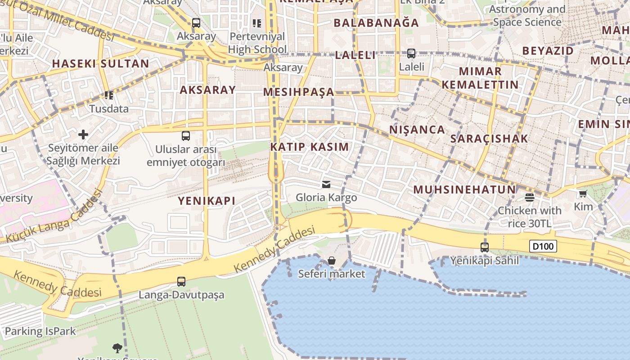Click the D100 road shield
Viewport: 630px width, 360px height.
coord(543,246)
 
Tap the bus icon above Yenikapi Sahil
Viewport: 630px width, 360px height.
coord(485,247)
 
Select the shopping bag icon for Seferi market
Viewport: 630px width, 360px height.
coord(332,261)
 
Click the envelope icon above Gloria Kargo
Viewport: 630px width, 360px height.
coord(326,184)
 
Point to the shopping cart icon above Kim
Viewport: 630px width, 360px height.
coord(583,193)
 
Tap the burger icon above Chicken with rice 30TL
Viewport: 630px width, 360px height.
coord(530,197)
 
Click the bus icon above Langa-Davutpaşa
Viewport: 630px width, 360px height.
coord(181,282)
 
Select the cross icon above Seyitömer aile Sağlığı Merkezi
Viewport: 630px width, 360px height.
coord(83,134)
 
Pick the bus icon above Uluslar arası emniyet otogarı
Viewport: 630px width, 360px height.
coord(186,135)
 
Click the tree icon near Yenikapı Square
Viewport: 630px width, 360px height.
coord(117,347)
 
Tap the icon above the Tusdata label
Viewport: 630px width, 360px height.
coord(108,95)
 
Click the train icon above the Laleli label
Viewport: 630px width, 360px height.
coord(411,54)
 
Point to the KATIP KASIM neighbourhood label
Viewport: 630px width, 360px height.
coord(310,147)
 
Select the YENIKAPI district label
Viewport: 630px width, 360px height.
coord(207,201)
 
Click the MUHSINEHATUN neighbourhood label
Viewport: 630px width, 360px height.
coord(464,189)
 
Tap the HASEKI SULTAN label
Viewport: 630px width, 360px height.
coord(100,63)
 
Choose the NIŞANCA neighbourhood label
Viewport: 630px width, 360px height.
coord(417,130)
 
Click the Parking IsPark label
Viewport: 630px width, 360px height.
coord(40,332)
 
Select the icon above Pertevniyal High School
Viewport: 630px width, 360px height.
coord(257,23)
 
